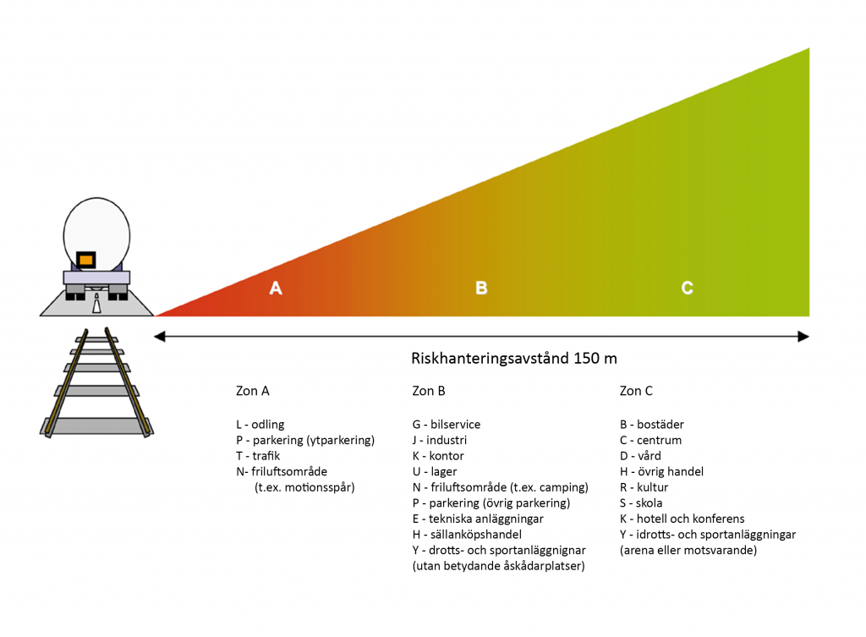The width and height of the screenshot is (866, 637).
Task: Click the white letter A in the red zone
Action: pyautogui.click(x=276, y=288)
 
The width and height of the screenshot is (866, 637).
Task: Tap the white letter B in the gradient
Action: pyautogui.click(x=481, y=288)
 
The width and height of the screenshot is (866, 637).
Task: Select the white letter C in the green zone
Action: pyautogui.click(x=688, y=288)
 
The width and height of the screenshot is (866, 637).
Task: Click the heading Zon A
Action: pyautogui.click(x=253, y=392)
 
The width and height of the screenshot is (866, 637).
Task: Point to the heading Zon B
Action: pyautogui.click(x=429, y=392)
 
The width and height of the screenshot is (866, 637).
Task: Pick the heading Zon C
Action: pyautogui.click(x=636, y=392)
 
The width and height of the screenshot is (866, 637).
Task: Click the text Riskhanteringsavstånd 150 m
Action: pyautogui.click(x=514, y=359)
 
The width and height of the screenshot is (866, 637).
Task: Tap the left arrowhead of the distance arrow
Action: pyautogui.click(x=159, y=338)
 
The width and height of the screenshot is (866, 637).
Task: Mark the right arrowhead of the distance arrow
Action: pyautogui.click(x=804, y=338)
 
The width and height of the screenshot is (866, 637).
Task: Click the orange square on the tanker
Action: pyautogui.click(x=85, y=260)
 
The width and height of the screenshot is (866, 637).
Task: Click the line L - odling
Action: pyautogui.click(x=260, y=425)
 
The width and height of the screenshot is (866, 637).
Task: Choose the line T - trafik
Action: pyautogui.click(x=259, y=456)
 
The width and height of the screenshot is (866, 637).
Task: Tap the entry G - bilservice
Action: pyautogui.click(x=447, y=425)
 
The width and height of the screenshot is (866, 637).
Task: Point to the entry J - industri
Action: pyautogui.click(x=440, y=440)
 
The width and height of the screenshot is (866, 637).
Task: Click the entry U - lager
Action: pyautogui.click(x=435, y=472)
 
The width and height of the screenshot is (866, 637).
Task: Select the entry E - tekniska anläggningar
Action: pyautogui.click(x=478, y=519)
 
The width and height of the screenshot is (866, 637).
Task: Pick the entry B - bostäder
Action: pyautogui.click(x=652, y=425)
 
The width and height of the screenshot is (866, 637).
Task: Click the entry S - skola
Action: pyautogui.click(x=641, y=503)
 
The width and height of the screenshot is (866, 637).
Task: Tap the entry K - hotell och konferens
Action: pyautogui.click(x=682, y=519)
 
